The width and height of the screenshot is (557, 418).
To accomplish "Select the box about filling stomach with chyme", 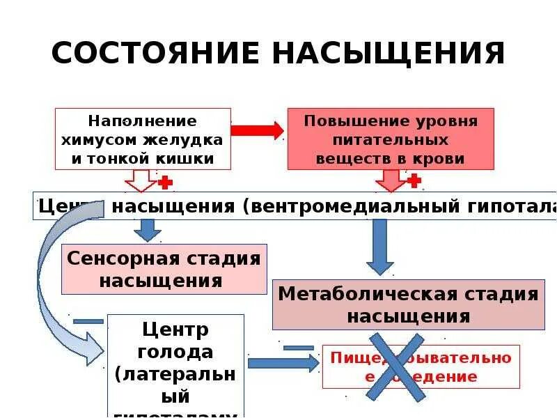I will [143, 139].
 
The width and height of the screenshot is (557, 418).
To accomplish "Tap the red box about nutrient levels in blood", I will [391, 139].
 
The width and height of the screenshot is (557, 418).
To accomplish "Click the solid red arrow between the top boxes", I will [258, 130].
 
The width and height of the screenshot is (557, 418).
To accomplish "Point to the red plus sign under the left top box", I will [166, 183].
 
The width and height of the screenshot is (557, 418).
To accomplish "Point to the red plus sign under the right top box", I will [414, 181].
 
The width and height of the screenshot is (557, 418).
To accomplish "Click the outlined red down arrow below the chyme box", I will [141, 180].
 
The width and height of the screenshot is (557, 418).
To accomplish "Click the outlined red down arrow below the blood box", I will [390, 180].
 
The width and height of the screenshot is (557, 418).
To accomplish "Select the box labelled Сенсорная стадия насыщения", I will [164, 269].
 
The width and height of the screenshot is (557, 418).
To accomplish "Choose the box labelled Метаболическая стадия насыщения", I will [408, 304].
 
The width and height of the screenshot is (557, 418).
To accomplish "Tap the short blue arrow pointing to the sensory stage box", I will [147, 231].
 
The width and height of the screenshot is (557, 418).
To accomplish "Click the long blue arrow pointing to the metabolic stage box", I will [380, 247].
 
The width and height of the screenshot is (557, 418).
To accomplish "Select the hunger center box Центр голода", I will [176, 366].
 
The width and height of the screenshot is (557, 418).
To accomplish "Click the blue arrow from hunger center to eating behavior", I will [282, 362].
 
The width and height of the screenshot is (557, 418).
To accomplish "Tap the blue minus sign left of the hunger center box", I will [88, 321].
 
